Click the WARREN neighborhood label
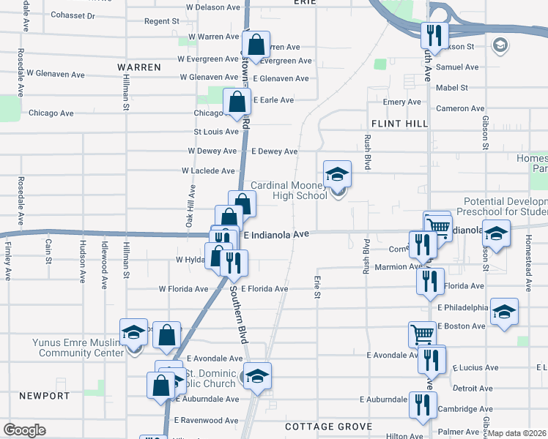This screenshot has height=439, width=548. click(x=139, y=67)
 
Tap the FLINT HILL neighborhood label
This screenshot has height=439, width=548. click(x=399, y=124)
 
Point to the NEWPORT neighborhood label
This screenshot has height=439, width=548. click(x=45, y=396)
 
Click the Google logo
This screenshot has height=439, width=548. click(x=24, y=430)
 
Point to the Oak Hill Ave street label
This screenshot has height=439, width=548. click(x=190, y=204)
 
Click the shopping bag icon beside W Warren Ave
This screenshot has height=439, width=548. click(x=256, y=45)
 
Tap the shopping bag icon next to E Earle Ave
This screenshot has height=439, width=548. click(x=237, y=102)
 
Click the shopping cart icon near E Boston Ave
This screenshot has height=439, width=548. click(x=422, y=334)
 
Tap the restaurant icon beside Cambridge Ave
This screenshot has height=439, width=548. click(x=422, y=405)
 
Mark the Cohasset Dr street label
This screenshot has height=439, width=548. click(x=74, y=15)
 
